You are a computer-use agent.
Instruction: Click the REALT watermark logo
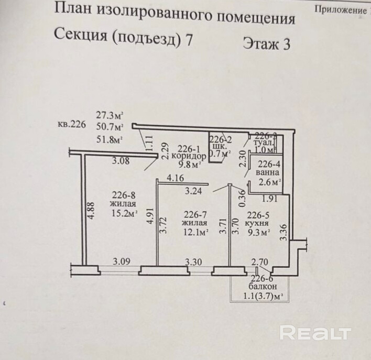315,333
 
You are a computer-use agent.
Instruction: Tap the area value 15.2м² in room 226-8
124,213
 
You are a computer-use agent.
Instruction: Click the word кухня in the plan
258,223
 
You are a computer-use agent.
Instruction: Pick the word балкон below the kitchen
263,288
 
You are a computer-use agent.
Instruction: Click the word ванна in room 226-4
268,172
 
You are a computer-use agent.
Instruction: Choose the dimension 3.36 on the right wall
283,232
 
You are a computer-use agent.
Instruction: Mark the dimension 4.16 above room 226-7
175,179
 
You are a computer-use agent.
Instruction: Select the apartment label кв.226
71,125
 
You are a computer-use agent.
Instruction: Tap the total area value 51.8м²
109,139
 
